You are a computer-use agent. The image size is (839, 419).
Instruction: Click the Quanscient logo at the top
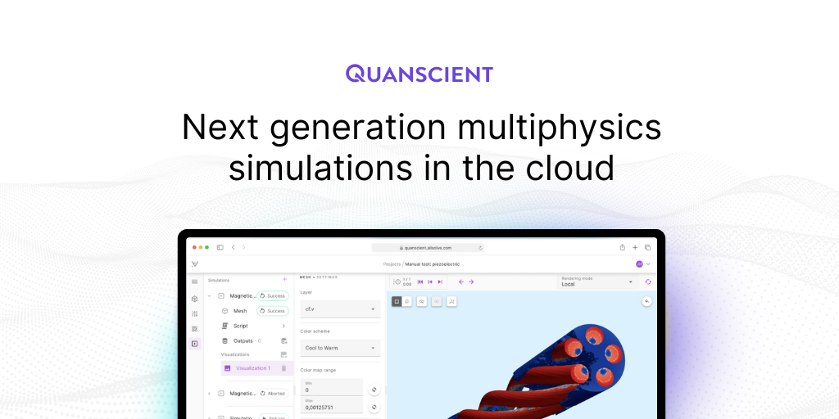[419, 74]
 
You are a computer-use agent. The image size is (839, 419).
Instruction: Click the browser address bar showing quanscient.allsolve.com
[427, 247]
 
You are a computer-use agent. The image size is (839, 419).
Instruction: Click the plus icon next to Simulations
[284, 280]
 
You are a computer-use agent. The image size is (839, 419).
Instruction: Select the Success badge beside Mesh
[273, 311]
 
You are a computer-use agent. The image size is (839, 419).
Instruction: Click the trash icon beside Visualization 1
[284, 368]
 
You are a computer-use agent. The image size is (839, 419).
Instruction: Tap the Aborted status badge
[273, 394]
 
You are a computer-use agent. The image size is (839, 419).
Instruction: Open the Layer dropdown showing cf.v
[339, 309]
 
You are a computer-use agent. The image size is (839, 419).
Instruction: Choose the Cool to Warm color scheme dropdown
[339, 348]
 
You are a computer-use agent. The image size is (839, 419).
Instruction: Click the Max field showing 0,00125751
[331, 406]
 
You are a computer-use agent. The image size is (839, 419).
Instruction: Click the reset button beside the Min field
[374, 390]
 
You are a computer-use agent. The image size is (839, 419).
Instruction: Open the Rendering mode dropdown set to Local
[597, 282]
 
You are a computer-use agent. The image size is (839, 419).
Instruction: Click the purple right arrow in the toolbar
[471, 282]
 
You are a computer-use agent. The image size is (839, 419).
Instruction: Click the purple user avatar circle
[639, 264]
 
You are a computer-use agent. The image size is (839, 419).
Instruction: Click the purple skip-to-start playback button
[420, 282]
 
